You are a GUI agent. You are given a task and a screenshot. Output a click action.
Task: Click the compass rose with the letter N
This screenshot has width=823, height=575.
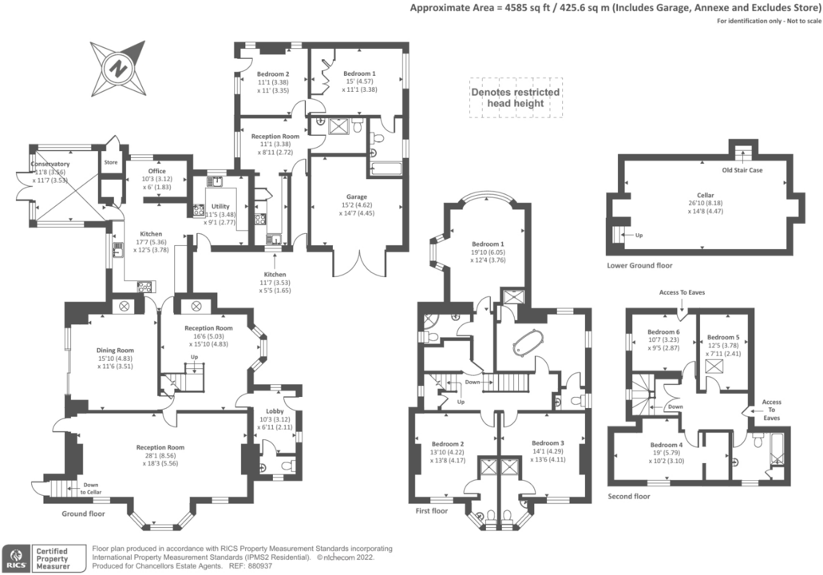coord(118,67)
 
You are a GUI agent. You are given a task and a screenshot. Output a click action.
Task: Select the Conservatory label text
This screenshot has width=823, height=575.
coord(50,165)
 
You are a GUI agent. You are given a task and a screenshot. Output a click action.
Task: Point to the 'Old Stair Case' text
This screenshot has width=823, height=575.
coord(741,170)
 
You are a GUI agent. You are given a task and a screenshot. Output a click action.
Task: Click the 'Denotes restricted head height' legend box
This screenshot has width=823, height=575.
coord(515,97)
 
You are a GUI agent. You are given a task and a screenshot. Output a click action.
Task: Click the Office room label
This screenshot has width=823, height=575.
coord(156,170)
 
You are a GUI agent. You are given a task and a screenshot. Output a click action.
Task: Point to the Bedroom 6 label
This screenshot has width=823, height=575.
coord(663,331)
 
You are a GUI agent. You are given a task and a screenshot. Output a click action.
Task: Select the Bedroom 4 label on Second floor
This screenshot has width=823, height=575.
coord(666,445)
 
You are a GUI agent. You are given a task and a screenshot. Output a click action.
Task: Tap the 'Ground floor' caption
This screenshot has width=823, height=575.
coord(84,514)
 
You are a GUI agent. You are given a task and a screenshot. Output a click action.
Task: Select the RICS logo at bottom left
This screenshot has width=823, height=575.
coord(14,557)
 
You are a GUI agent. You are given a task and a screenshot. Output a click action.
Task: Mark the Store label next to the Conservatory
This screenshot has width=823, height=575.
coord(110,162)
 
